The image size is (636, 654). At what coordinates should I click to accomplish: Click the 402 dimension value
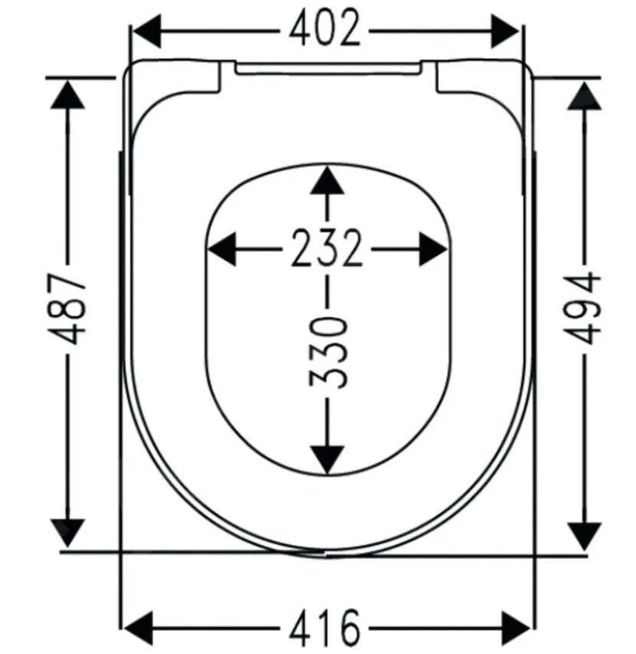(x=324, y=28)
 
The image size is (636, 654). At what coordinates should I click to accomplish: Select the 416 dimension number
(x=324, y=627)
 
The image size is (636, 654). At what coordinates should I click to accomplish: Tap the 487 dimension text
(x=67, y=309)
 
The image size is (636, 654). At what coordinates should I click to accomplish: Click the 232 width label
(x=326, y=248)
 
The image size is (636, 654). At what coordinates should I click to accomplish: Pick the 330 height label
(x=328, y=353)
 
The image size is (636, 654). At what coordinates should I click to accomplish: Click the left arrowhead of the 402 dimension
(x=146, y=31)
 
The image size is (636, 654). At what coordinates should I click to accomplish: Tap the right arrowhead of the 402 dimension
(x=505, y=31)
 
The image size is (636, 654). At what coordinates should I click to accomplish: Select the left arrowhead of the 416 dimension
(x=139, y=628)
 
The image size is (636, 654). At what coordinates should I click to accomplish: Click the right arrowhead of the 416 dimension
(x=516, y=628)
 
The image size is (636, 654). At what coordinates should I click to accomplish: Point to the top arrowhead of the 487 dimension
(x=67, y=94)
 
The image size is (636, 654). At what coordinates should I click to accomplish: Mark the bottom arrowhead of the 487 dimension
(x=67, y=533)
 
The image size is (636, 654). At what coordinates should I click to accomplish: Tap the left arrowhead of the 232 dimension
(x=222, y=249)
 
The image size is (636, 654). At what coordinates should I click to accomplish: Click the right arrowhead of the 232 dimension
(x=433, y=249)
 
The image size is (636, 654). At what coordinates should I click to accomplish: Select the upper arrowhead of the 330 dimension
(x=328, y=181)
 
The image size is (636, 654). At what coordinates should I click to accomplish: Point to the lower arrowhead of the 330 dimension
(x=328, y=460)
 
